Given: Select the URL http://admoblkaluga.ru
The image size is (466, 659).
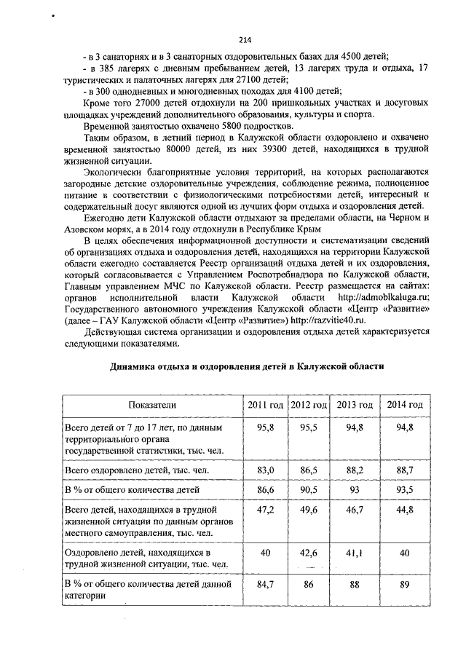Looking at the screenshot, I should pyautogui.click(x=384, y=296).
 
